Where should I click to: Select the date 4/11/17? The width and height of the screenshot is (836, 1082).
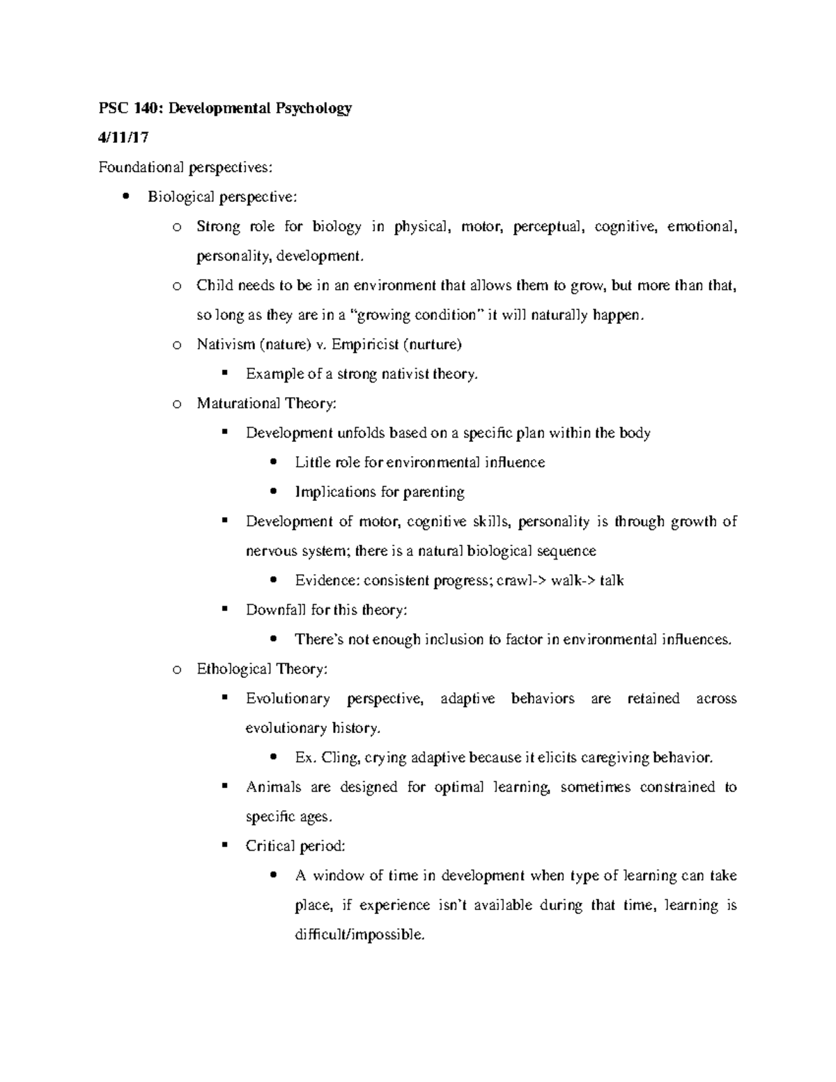pos(123,138)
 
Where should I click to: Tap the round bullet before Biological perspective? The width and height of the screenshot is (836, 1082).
pos(125,196)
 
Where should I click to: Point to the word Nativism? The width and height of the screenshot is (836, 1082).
pos(226,344)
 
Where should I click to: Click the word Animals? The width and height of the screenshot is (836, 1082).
pos(274,787)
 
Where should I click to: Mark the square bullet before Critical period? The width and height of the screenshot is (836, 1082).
pos(224,845)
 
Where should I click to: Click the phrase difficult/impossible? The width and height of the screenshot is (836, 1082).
pos(359,934)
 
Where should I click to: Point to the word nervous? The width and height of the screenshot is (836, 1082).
pos(271,551)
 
